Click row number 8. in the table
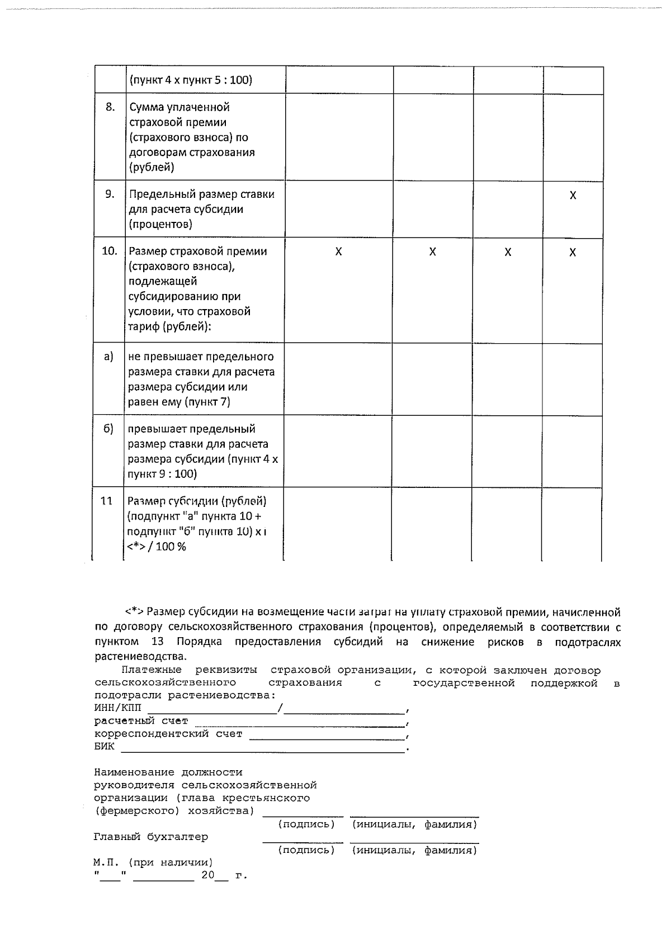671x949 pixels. [x=110, y=107]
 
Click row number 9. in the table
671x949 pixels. [x=110, y=194]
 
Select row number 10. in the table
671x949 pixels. [x=110, y=252]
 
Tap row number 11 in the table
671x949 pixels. [x=107, y=501]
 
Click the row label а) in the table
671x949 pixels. [x=109, y=357]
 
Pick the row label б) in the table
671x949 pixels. [x=109, y=429]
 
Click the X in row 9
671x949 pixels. [x=573, y=196]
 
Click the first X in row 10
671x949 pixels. [x=338, y=252]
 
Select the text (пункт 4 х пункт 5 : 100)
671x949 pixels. [x=191, y=80]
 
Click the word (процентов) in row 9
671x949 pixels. [x=160, y=225]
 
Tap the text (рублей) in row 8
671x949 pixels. [x=152, y=167]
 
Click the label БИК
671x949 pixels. [x=104, y=747]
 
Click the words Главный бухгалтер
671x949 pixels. [x=151, y=837]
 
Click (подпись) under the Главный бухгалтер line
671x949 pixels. [x=306, y=851]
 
